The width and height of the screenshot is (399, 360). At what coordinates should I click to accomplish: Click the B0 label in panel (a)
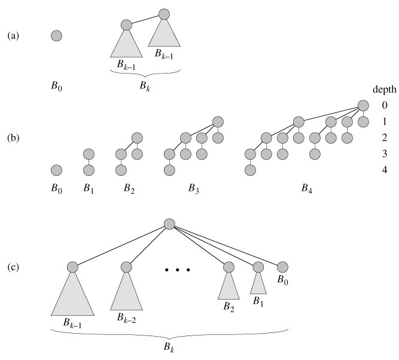57,86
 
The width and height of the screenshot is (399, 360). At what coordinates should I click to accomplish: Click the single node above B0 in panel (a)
56,36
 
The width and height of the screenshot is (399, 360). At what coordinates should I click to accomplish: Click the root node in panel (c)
169,224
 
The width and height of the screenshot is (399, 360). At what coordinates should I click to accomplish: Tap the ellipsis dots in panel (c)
177,269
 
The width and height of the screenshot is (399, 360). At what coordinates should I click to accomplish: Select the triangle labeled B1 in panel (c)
258,283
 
